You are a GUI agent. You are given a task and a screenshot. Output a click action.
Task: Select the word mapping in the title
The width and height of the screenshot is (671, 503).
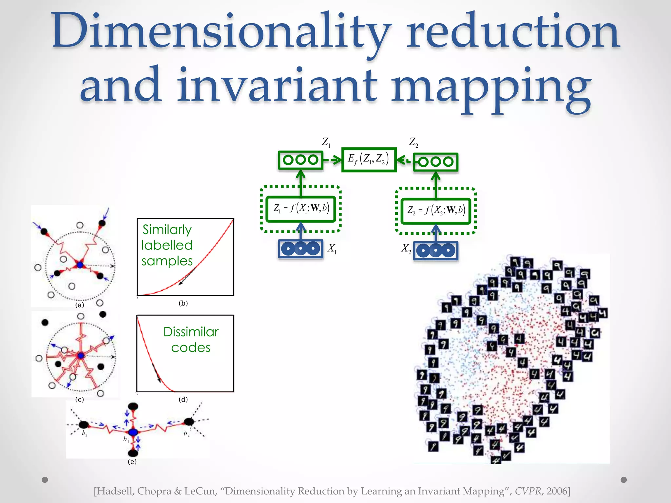click(x=491, y=87)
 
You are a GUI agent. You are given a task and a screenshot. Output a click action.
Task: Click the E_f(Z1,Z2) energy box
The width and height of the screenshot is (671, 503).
click(x=369, y=159)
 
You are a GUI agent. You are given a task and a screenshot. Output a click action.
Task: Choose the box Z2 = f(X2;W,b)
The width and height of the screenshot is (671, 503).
click(x=436, y=211)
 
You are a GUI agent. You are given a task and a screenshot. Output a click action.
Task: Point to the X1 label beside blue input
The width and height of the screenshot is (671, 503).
click(x=332, y=249)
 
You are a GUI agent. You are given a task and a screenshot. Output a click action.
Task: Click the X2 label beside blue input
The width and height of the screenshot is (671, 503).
click(x=406, y=249)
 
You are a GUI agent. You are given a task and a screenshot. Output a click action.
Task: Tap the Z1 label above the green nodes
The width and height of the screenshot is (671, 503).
click(x=326, y=142)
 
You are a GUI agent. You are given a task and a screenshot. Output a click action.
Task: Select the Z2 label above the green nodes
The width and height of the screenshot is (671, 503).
click(x=413, y=142)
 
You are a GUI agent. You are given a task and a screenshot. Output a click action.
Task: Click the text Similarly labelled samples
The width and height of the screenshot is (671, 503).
click(x=167, y=245)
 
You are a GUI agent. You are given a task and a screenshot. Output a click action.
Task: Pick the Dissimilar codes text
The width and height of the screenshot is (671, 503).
click(x=191, y=340)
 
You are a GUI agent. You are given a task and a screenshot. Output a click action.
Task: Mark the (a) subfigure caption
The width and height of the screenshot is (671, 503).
click(x=80, y=305)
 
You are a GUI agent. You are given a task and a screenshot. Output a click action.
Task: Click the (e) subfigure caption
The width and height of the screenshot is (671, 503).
click(x=132, y=461)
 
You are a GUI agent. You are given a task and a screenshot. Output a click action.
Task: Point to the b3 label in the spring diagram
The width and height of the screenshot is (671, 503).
click(x=85, y=434)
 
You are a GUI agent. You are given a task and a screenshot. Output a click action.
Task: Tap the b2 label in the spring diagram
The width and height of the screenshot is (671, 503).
click(x=186, y=434)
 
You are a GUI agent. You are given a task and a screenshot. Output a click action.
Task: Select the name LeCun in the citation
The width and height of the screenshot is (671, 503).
click(x=200, y=491)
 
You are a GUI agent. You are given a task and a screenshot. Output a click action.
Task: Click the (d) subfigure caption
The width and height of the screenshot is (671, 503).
click(x=183, y=399)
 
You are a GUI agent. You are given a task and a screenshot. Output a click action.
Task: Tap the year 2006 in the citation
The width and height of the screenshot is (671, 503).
click(x=557, y=491)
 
